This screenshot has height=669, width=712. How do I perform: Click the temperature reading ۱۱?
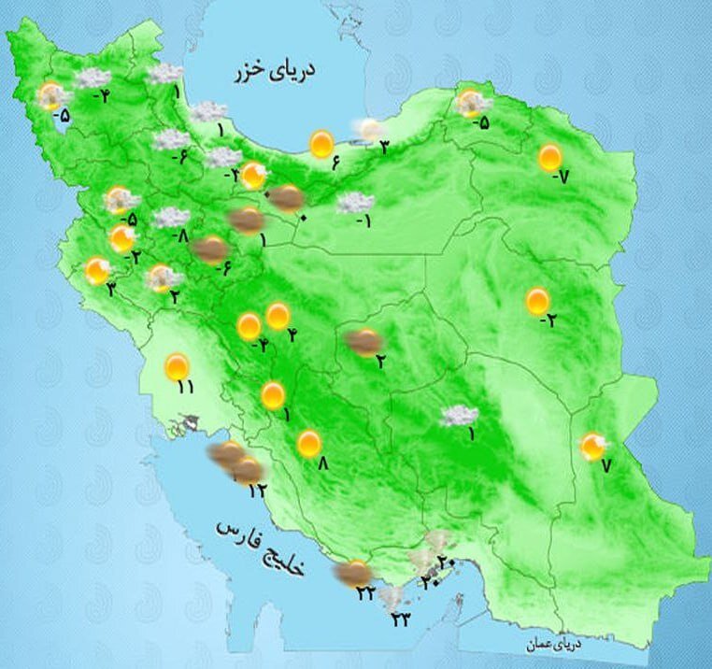tap(185, 388)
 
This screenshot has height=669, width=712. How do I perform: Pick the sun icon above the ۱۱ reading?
tap(176, 366)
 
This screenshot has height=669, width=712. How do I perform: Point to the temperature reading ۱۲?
tap(258, 488)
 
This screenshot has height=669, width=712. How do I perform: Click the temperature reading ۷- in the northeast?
tap(560, 178)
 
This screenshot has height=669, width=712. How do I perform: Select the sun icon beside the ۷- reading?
tap(550, 157)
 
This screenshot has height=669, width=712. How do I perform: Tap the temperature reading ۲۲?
tap(365, 593)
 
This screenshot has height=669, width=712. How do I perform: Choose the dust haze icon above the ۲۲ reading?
tap(354, 573)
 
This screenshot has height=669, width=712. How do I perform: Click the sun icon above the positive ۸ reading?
tap(309, 444)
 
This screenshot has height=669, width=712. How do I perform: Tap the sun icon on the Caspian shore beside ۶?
tap(321, 144)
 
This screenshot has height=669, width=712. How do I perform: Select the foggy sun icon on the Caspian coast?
tap(369, 129)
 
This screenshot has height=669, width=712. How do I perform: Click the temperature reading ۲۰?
tap(446, 562)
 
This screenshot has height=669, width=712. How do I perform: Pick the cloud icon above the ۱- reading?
tap(356, 202)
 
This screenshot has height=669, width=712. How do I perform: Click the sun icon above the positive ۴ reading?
tap(278, 316)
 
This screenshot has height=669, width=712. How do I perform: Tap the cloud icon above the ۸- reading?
tap(171, 218)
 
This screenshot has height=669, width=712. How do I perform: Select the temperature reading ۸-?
tap(183, 236)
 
